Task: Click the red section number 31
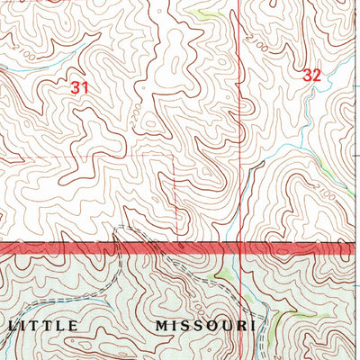tap(79, 87)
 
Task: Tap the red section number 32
tap(311, 76)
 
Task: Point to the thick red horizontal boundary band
tap(180, 247)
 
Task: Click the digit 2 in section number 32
tap(317, 76)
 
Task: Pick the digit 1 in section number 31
tap(85, 87)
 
